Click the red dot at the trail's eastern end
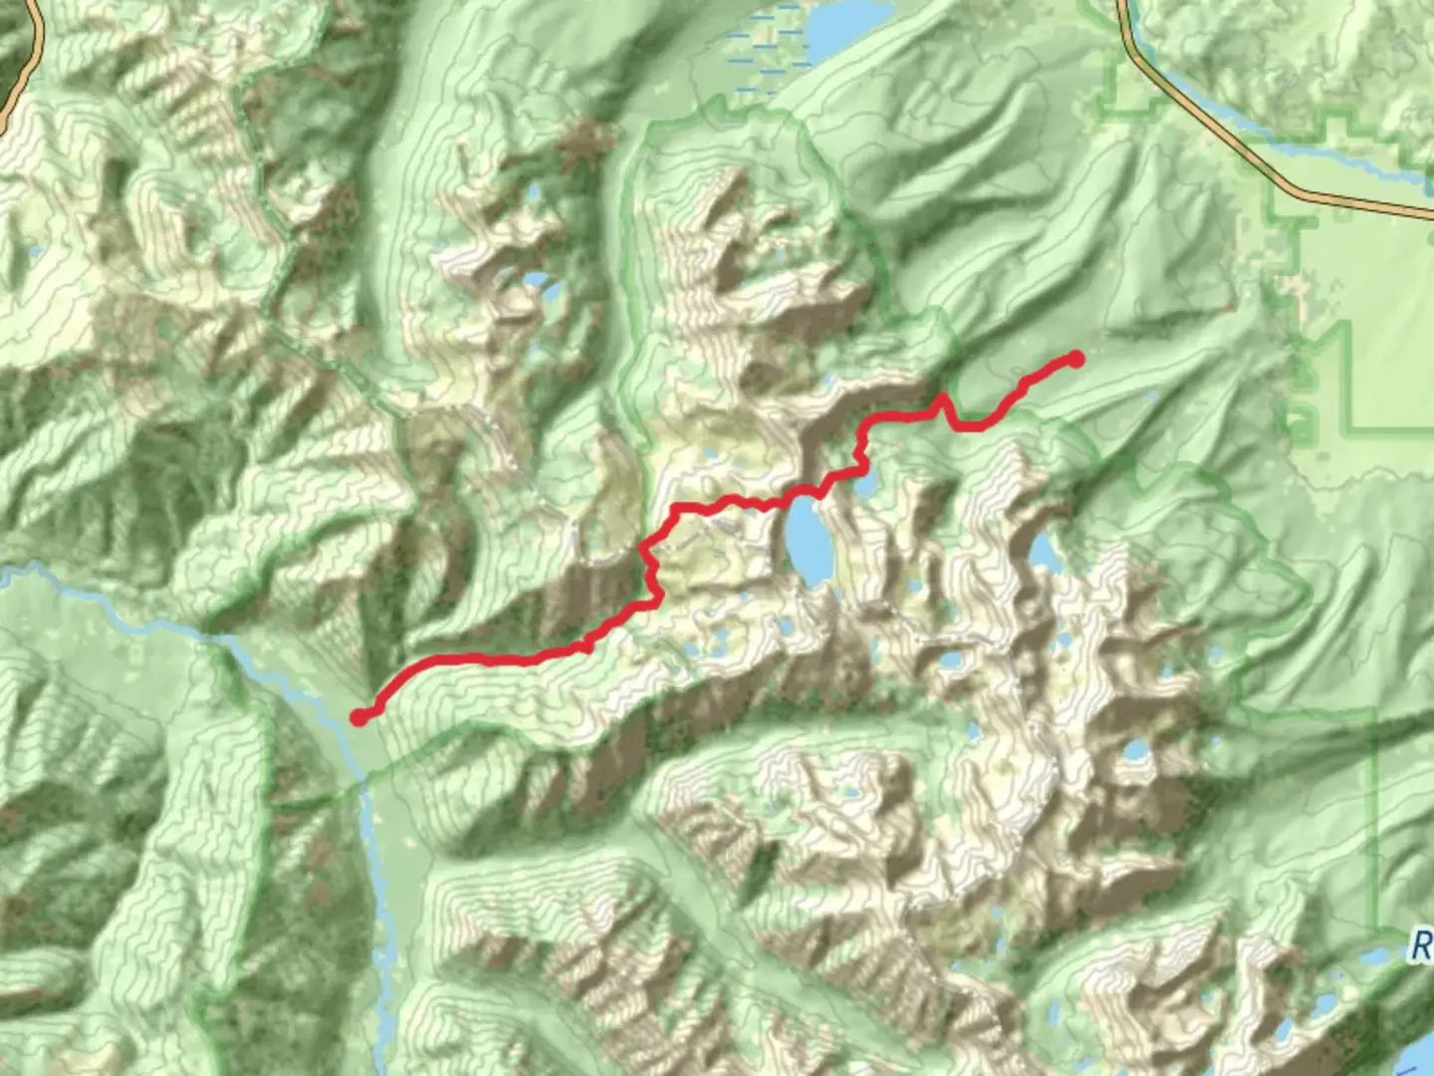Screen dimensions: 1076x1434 (1075, 359)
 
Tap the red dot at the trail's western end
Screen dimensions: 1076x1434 (358, 716)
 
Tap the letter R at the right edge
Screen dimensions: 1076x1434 (1422, 946)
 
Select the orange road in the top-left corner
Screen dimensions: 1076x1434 (30, 60)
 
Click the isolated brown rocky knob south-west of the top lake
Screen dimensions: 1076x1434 (581, 145)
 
